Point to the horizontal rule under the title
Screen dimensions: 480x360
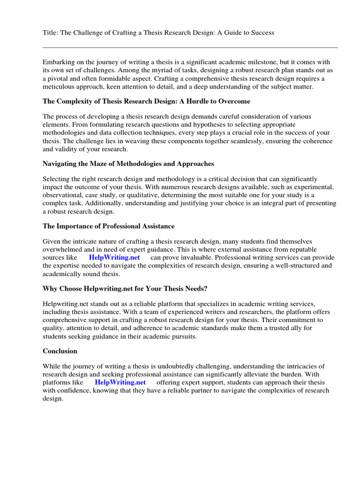coord(190,47)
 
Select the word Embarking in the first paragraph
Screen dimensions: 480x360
coord(58,62)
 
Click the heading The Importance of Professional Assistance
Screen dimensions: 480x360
coord(108,226)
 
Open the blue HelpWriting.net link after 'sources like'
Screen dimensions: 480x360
coord(114,257)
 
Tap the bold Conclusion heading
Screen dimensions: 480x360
coord(60,351)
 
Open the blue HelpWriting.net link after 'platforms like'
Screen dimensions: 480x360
coord(120,382)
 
